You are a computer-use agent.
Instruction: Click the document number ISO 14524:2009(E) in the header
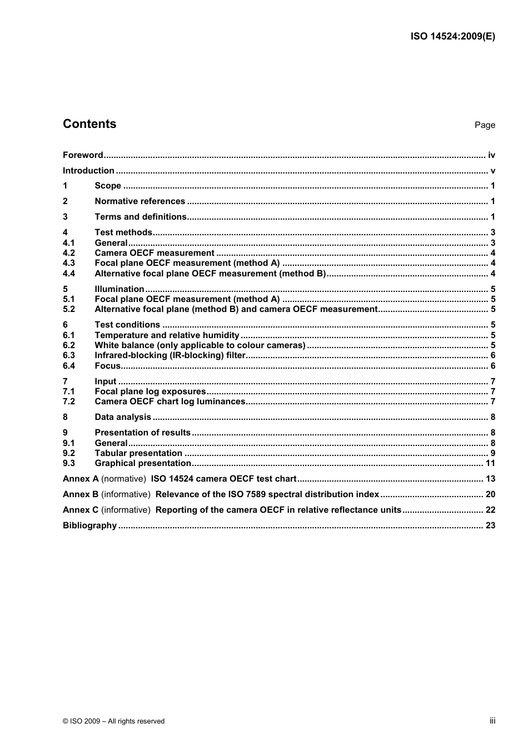tap(452, 37)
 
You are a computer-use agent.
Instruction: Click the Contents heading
tap(89, 124)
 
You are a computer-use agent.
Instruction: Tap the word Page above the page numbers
tap(484, 125)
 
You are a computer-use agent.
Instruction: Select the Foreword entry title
tap(83, 155)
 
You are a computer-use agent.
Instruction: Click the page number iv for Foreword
tap(491, 155)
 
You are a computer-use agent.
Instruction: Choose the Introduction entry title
tap(88, 171)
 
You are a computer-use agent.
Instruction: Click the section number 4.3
tap(69, 263)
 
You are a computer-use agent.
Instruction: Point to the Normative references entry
tap(140, 201)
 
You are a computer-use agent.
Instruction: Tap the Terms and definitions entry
tap(141, 217)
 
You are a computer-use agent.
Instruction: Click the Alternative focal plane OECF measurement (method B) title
tap(210, 274)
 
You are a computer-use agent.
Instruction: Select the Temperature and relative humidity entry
tap(167, 335)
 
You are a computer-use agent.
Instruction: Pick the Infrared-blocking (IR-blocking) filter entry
tap(170, 355)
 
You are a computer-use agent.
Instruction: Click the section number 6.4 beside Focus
tap(69, 366)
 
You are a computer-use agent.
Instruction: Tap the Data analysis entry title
tap(123, 417)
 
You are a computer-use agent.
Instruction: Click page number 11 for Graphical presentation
tap(490, 463)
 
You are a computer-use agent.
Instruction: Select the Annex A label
tap(81, 479)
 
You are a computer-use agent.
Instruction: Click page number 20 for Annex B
tap(490, 494)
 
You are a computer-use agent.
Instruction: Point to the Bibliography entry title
tap(89, 526)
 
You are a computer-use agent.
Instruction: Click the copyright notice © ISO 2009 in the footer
tap(113, 721)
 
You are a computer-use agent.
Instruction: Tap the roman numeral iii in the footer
tap(492, 721)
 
